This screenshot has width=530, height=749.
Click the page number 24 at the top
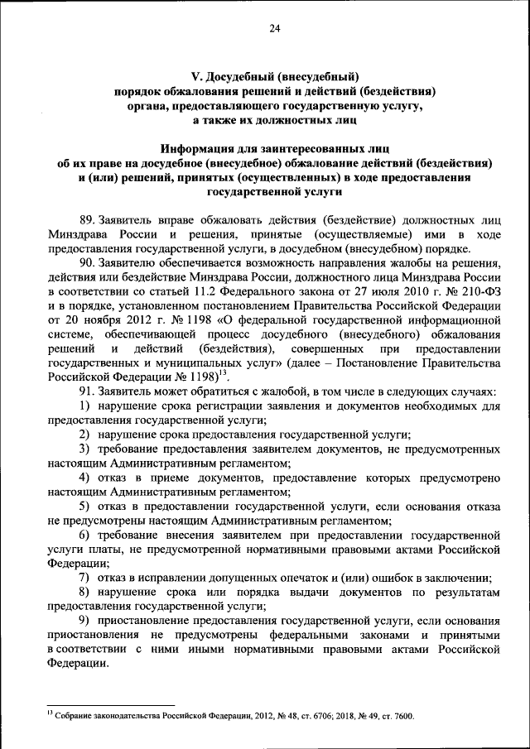click(275, 30)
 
